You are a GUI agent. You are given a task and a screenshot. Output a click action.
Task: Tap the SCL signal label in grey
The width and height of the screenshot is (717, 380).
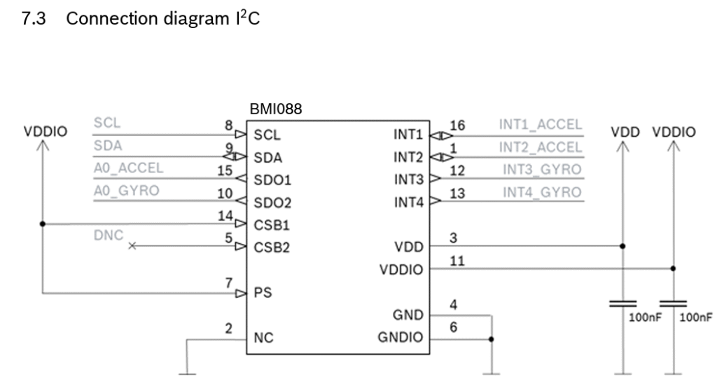tap(106, 123)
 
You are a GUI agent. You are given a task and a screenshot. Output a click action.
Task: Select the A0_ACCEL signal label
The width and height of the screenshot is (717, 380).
tap(127, 168)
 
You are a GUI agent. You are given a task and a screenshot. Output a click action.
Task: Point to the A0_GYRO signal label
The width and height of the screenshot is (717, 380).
tap(125, 191)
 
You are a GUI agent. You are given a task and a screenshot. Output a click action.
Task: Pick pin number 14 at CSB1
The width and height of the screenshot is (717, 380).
tap(225, 217)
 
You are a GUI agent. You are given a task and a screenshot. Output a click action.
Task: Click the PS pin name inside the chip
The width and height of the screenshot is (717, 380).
tap(262, 293)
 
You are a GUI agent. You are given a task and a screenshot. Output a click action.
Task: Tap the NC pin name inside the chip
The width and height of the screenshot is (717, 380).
tap(263, 339)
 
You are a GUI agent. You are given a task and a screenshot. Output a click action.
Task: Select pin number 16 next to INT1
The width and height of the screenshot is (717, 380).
tap(457, 125)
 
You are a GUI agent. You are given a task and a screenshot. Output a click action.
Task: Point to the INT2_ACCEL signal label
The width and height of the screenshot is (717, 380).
tap(540, 147)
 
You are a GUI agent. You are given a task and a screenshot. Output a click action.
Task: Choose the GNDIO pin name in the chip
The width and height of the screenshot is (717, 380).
tap(401, 339)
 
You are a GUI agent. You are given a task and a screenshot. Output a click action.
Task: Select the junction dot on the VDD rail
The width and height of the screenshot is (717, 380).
tap(622, 246)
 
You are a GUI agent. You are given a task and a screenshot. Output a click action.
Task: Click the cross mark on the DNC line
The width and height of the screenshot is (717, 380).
tap(133, 246)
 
